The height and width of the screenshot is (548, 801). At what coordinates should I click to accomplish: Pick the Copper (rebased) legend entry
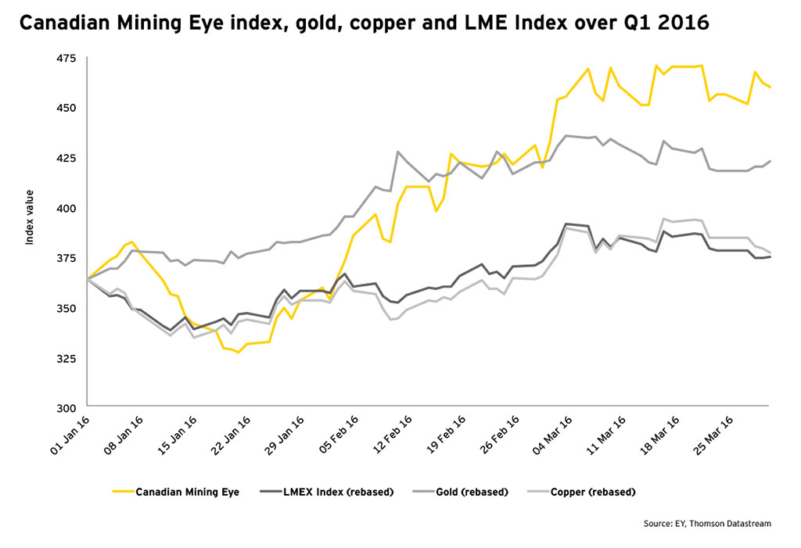click(x=593, y=492)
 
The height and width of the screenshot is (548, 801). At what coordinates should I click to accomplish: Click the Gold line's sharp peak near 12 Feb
click(x=398, y=152)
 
